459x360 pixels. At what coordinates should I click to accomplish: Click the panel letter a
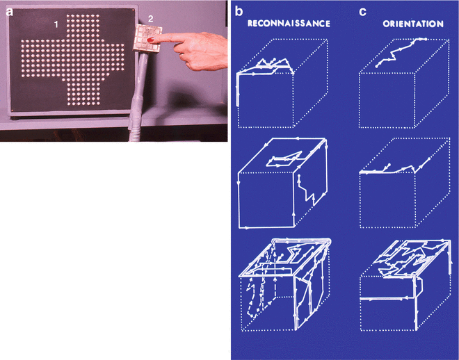pyautogui.click(x=10, y=12)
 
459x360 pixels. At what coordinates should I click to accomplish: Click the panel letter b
pyautogui.click(x=239, y=11)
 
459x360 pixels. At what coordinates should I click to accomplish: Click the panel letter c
pyautogui.click(x=362, y=13)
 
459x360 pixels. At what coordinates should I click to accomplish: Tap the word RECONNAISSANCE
pyautogui.click(x=289, y=24)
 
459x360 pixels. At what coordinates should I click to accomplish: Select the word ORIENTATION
pyautogui.click(x=413, y=24)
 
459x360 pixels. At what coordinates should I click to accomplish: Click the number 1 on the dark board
pyautogui.click(x=56, y=25)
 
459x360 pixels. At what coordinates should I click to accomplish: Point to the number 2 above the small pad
pyautogui.click(x=150, y=19)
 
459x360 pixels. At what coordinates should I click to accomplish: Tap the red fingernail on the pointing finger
pyautogui.click(x=151, y=40)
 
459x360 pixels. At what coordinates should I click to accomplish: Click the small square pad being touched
pyautogui.click(x=148, y=38)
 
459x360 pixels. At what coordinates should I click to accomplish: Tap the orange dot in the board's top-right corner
pyautogui.click(x=134, y=11)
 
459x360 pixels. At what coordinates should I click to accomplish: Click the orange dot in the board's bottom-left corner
pyautogui.click(x=13, y=110)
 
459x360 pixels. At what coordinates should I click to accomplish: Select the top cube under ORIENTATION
pyautogui.click(x=404, y=83)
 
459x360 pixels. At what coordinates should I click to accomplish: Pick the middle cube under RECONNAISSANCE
pyautogui.click(x=283, y=183)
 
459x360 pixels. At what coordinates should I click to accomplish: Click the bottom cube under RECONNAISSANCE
pyautogui.click(x=284, y=284)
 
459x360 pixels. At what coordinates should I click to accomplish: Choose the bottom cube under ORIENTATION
pyautogui.click(x=405, y=286)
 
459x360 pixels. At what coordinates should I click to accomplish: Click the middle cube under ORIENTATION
pyautogui.click(x=404, y=183)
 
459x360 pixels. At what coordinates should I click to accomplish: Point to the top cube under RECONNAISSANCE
pyautogui.click(x=282, y=83)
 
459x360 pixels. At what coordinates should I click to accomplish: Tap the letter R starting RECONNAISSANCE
pyautogui.click(x=250, y=24)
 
